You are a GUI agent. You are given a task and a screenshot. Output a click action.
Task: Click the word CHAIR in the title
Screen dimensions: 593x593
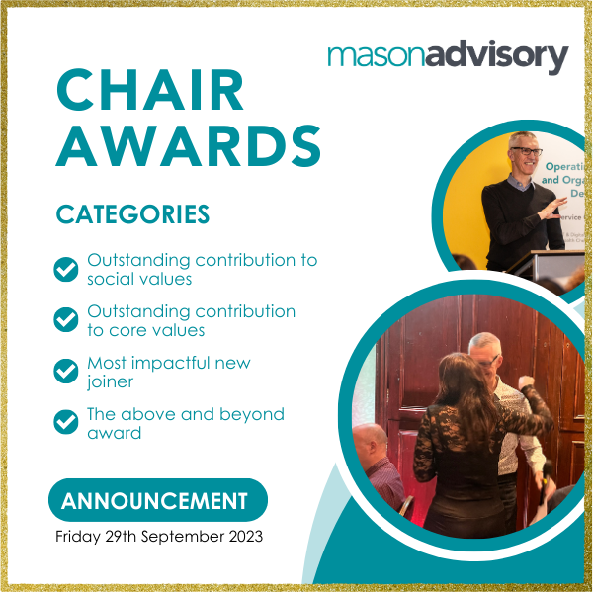(x=150, y=90)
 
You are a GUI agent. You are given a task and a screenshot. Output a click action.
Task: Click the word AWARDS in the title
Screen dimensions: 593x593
(x=189, y=145)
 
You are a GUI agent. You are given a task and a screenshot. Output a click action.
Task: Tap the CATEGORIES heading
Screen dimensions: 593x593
(x=132, y=214)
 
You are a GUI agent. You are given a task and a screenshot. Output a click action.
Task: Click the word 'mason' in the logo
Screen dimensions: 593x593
(x=377, y=56)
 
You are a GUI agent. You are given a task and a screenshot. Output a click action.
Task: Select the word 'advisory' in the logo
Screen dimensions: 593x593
(x=497, y=56)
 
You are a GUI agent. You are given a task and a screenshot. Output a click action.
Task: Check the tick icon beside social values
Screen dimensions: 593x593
(x=66, y=269)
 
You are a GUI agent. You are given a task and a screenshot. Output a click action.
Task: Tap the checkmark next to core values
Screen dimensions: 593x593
(x=66, y=319)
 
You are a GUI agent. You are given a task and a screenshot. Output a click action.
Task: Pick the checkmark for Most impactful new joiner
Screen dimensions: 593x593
(x=66, y=371)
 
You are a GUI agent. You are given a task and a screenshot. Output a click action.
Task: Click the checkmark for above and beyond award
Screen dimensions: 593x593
(x=66, y=422)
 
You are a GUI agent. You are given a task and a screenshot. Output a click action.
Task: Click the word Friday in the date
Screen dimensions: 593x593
(x=78, y=537)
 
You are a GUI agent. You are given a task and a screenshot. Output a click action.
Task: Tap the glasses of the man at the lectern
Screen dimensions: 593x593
(x=527, y=151)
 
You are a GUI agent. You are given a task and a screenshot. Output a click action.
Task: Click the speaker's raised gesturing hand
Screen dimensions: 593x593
(x=552, y=208)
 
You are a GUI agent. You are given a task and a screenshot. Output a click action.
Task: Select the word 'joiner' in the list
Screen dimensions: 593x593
(x=111, y=381)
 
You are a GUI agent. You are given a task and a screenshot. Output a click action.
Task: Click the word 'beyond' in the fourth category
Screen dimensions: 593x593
(x=252, y=415)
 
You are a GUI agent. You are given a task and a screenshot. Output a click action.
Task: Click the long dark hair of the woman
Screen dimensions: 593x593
(x=464, y=393)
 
